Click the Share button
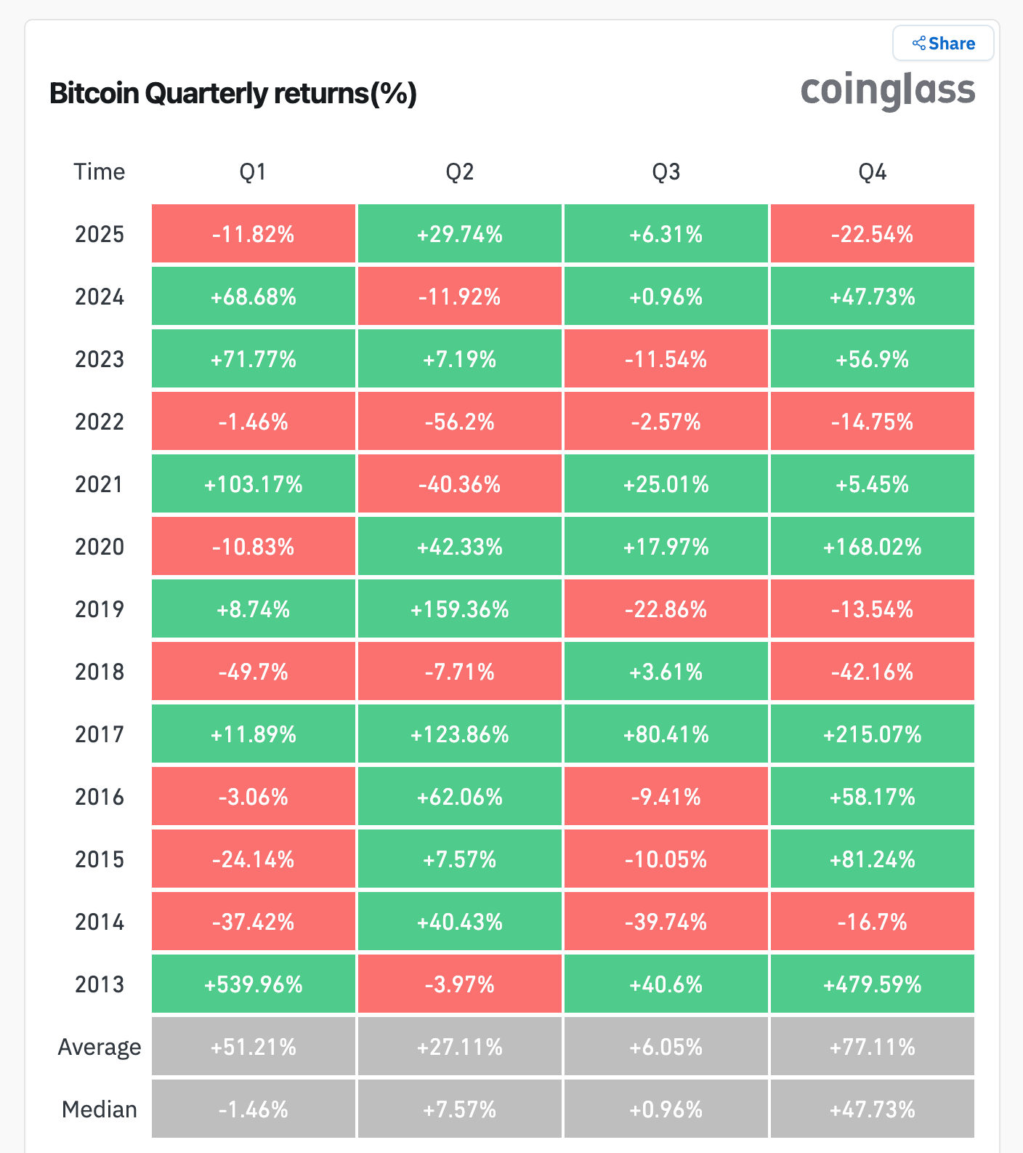943,44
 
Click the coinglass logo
887,91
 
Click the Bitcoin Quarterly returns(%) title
232,94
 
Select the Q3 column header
666,172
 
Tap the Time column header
100,172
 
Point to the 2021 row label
100,484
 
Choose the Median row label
100,1109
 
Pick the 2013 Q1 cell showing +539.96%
254,984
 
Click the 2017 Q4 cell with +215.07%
872,734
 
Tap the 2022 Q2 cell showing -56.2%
459,422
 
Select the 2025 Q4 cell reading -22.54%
872,234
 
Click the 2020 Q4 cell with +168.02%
872,547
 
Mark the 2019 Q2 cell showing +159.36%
459,609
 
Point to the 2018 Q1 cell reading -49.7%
254,672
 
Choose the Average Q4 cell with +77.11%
872,1047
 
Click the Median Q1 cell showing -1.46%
254,1109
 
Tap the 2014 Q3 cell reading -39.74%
666,922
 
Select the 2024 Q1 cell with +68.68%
254,297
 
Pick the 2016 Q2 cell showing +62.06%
459,797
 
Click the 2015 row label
100,859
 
